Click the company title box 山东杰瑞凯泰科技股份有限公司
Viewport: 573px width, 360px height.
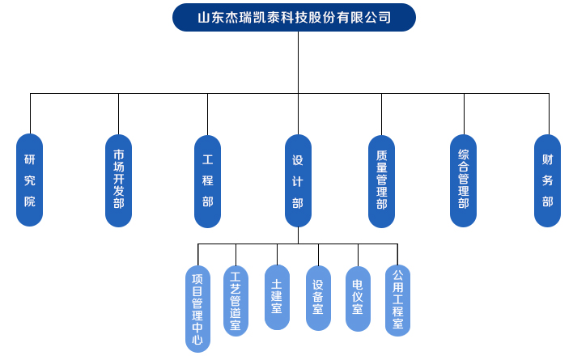click(x=295, y=17)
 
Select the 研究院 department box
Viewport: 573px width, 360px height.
click(x=30, y=180)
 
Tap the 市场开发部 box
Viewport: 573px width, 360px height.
click(x=119, y=180)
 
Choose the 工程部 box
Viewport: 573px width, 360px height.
click(x=208, y=180)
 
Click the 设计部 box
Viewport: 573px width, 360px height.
click(x=298, y=180)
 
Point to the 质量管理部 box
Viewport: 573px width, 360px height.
click(x=381, y=180)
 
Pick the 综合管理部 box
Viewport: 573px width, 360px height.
click(x=464, y=180)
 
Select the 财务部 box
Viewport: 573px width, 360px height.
click(x=547, y=180)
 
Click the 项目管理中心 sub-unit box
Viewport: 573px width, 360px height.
click(x=197, y=308)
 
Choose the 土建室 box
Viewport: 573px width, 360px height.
click(x=277, y=297)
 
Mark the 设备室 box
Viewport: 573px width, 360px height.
click(x=318, y=297)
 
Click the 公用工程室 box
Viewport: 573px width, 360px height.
click(x=397, y=300)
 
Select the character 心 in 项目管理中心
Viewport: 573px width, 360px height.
click(x=197, y=341)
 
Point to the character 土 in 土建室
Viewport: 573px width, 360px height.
click(x=277, y=284)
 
